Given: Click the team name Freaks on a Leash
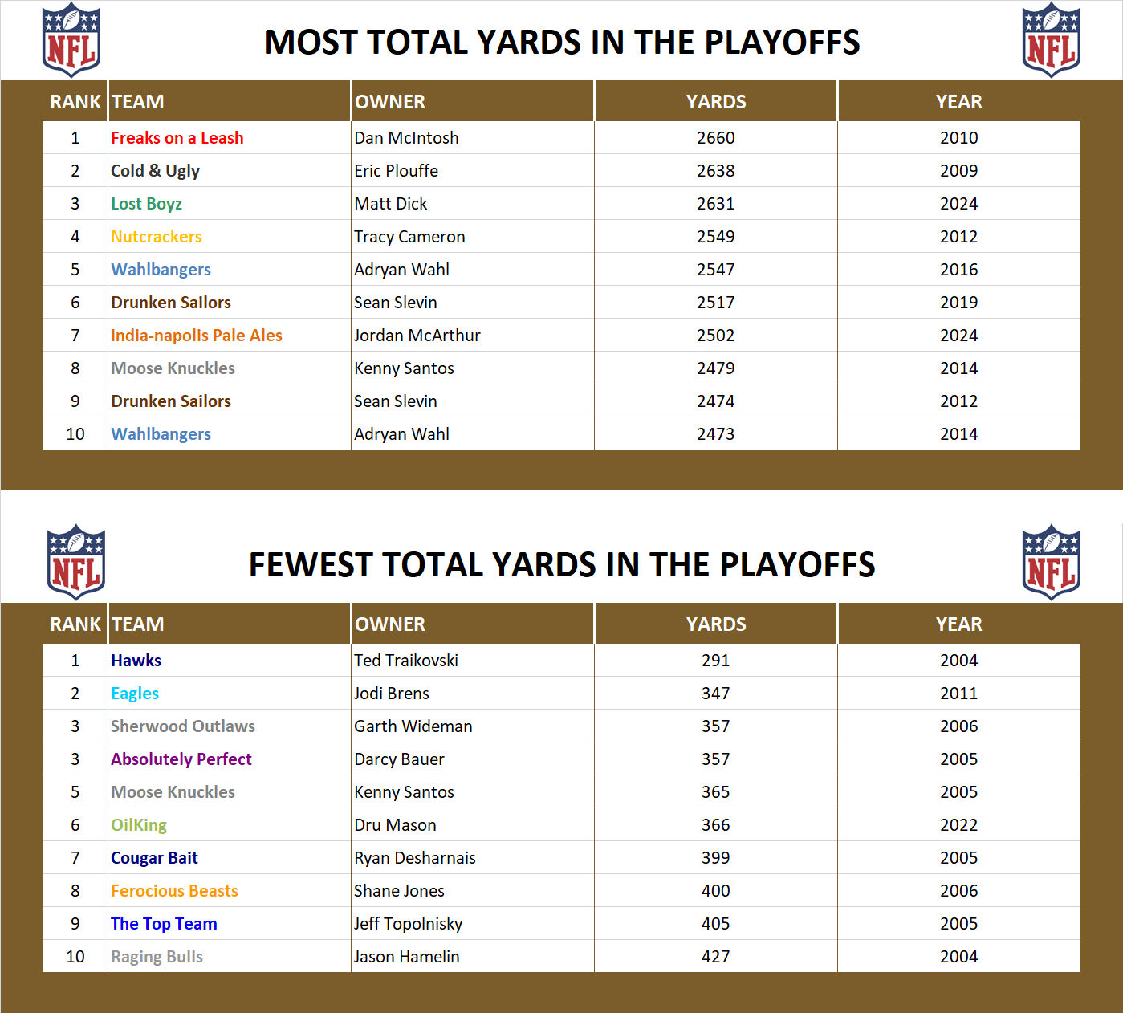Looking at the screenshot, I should [x=177, y=138].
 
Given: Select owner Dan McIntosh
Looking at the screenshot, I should [x=406, y=138].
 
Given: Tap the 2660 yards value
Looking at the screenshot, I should [x=715, y=138].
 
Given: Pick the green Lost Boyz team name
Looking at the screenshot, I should [x=146, y=204].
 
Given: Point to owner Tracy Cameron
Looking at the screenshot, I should [x=409, y=237].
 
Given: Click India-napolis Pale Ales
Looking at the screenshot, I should [x=196, y=336].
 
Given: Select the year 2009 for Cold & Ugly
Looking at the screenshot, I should [x=958, y=171].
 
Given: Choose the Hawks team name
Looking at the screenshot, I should [x=136, y=661].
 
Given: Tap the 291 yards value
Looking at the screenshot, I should [x=715, y=661].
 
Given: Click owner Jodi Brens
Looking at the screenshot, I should [x=391, y=694].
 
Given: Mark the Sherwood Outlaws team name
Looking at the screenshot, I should [x=182, y=726].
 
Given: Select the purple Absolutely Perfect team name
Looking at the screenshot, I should [x=181, y=759].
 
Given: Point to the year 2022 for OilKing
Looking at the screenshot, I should [x=958, y=825].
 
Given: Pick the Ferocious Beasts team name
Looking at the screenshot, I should [x=174, y=891].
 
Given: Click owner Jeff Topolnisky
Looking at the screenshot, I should [x=408, y=924].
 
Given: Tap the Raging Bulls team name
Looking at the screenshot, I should [x=157, y=957].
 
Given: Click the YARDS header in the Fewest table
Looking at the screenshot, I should [x=715, y=624].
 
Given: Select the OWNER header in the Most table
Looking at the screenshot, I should [x=390, y=102].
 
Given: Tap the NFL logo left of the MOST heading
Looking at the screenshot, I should [x=71, y=40].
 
